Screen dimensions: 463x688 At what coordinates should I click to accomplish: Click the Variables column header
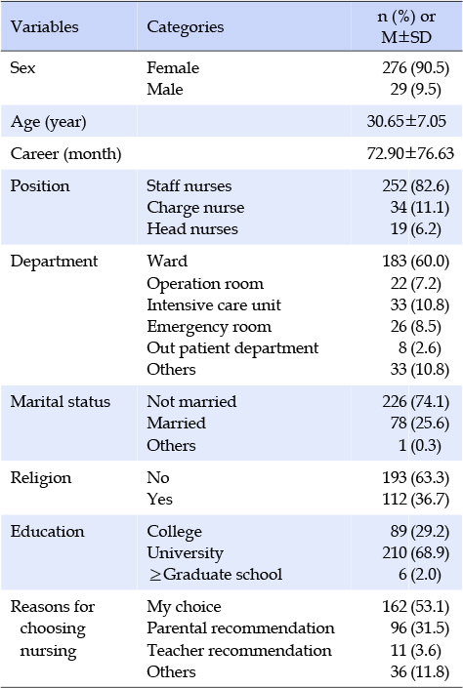pos(44,26)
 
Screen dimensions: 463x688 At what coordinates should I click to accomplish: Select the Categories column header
pos(185,27)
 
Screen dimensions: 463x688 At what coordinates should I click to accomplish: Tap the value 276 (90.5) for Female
pos(415,67)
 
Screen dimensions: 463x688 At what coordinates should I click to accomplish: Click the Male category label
pos(165,89)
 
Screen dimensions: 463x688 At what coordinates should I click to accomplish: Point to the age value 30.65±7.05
pos(406,121)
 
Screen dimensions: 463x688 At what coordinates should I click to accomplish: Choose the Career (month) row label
pos(65,153)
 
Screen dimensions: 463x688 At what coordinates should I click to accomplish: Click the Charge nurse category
pos(195,208)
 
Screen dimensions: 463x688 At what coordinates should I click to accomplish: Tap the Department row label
pos(54,262)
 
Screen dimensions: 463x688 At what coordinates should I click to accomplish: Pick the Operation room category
pos(205,284)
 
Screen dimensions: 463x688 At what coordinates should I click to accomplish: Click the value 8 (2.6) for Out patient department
pos(419,348)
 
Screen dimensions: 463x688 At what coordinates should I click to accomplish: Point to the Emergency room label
pos(209,327)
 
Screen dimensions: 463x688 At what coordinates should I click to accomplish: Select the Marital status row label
pos(61,401)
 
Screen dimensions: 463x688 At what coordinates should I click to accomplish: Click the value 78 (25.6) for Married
pos(419,423)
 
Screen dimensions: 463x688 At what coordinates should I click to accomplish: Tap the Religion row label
pos(41,478)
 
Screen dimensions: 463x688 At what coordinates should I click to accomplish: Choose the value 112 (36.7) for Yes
pos(415,499)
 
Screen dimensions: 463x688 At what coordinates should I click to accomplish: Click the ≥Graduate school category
pos(215,575)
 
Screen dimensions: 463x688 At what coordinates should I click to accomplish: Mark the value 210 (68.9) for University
pos(415,553)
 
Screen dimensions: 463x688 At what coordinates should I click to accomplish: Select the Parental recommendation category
pos(240,628)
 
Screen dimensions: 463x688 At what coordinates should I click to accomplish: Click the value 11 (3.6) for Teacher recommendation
pos(415,650)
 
